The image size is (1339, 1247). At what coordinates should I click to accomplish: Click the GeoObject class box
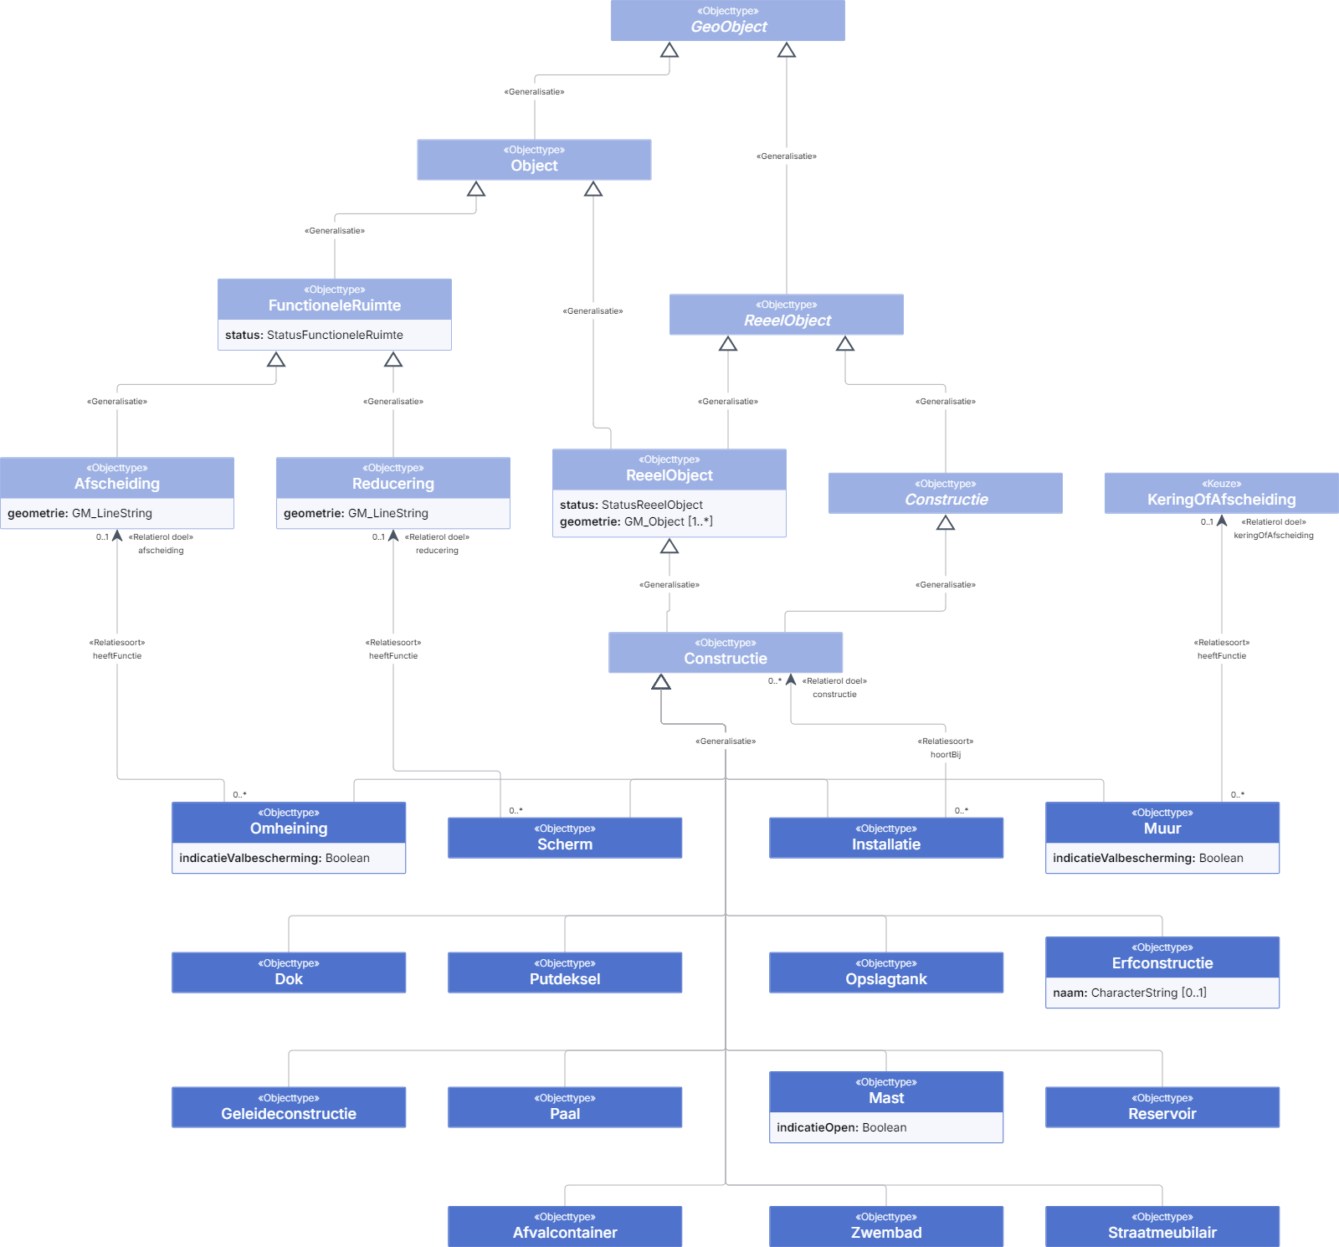(727, 20)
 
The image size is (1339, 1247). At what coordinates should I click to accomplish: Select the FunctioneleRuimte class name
(335, 305)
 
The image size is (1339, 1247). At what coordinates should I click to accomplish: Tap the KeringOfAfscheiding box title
(1221, 500)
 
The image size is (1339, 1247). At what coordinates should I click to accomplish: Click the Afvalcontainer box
(565, 1226)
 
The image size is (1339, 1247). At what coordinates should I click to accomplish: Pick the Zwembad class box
(886, 1226)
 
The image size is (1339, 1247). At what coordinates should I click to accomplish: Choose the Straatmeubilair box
(1162, 1226)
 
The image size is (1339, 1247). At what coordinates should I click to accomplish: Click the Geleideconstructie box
(289, 1107)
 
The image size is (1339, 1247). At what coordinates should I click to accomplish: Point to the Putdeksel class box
(565, 972)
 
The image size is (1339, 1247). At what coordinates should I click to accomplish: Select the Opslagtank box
(886, 972)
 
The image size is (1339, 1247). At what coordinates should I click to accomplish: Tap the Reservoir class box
(1162, 1107)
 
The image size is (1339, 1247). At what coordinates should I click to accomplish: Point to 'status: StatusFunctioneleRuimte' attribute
(314, 335)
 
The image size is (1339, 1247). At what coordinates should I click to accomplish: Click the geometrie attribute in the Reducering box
(356, 513)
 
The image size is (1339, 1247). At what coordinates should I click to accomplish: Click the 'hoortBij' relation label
(946, 755)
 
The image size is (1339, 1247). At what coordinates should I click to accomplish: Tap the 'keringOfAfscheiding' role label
(1274, 536)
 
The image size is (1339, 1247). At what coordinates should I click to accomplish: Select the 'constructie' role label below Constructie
(834, 695)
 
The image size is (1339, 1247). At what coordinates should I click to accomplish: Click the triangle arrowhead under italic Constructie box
(946, 523)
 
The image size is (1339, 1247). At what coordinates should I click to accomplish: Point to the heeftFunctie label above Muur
(1222, 656)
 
